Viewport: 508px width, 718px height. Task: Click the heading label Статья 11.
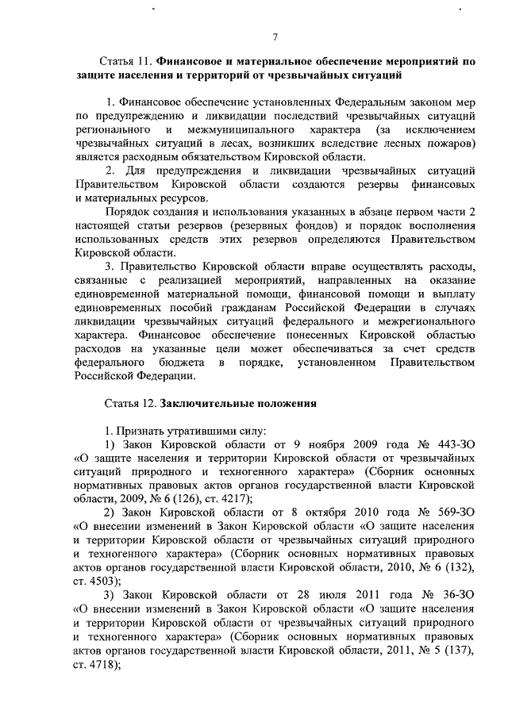(x=125, y=61)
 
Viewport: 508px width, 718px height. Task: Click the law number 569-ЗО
(x=452, y=512)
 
